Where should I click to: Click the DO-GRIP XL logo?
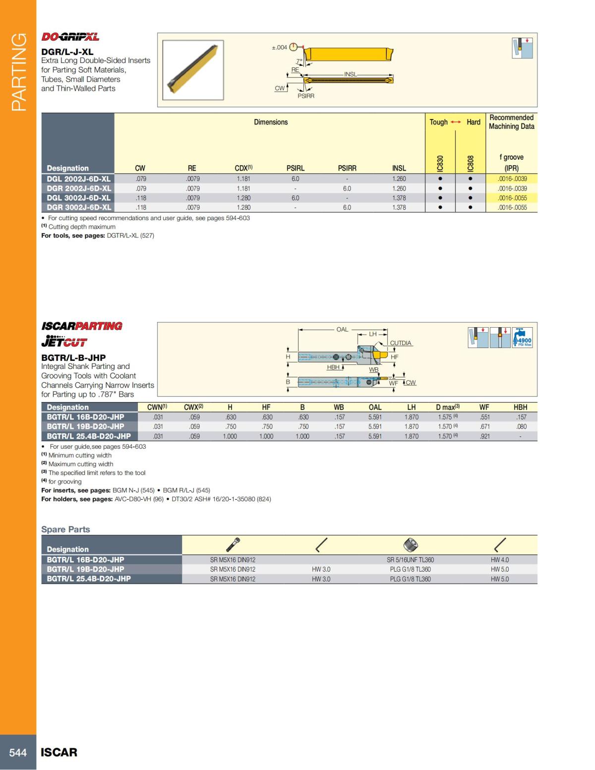click(70, 37)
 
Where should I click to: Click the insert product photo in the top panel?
click(193, 70)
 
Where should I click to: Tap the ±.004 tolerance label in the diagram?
click(279, 48)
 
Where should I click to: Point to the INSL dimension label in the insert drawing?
click(350, 74)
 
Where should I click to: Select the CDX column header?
click(243, 168)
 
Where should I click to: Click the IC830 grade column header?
click(440, 164)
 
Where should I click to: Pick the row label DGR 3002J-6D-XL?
click(78, 207)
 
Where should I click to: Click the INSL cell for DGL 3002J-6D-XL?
click(399, 198)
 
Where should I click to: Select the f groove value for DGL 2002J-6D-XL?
click(512, 179)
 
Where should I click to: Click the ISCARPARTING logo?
click(82, 326)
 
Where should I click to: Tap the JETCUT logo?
click(64, 341)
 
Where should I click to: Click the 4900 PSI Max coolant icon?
click(523, 338)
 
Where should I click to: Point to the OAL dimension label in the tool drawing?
click(342, 329)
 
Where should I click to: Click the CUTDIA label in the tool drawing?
click(401, 343)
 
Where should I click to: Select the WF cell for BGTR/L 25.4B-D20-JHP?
click(484, 436)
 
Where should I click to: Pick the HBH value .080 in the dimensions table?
click(521, 426)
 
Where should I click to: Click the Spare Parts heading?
click(65, 529)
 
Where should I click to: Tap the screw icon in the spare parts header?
click(233, 544)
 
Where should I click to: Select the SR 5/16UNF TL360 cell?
click(410, 560)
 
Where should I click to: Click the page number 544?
click(18, 752)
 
